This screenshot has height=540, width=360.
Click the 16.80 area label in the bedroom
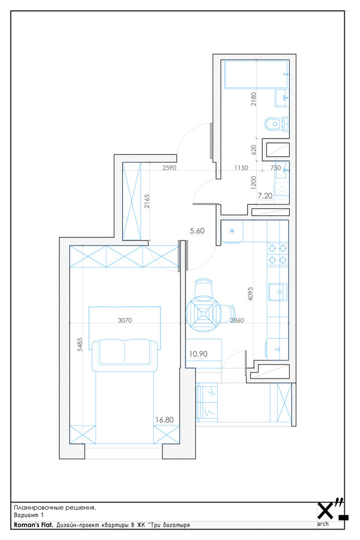tap(164, 420)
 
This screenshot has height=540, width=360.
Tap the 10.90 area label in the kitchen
tap(198, 353)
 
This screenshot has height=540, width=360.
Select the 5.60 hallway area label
tap(197, 231)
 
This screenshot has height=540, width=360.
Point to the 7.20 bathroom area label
tap(265, 196)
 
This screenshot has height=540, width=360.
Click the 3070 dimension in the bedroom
tap(125, 320)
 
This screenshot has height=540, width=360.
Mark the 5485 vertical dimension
tap(80, 344)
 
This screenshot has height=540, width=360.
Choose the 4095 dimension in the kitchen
tap(250, 294)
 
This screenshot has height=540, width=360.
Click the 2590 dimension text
tap(169, 167)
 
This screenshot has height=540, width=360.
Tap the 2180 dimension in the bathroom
tap(254, 99)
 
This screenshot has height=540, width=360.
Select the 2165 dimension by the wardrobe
tap(147, 201)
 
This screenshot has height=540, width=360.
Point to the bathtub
tap(256, 74)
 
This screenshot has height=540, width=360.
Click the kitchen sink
tap(278, 292)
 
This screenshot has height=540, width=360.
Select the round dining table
tap(202, 314)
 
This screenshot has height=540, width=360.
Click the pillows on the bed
tap(124, 352)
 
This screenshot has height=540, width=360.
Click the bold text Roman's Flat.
tap(33, 525)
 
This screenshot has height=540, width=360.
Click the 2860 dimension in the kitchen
tap(237, 320)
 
